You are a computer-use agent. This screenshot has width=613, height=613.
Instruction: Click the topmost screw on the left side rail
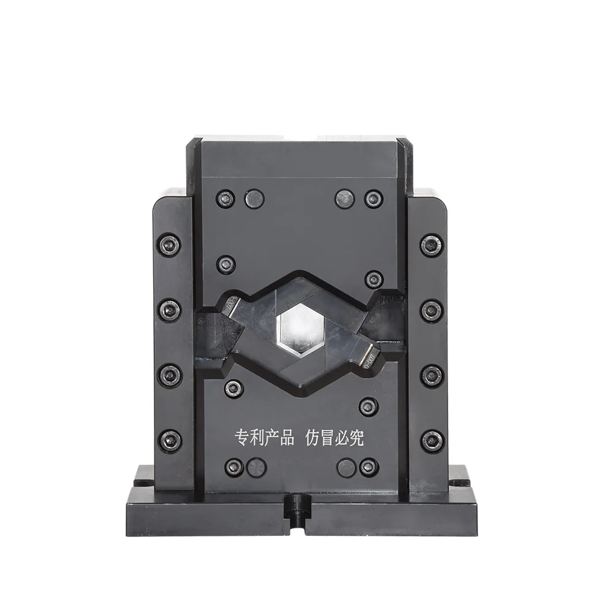169,244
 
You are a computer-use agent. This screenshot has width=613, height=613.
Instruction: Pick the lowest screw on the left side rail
169,439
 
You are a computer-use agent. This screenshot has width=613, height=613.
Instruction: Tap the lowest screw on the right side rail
432,439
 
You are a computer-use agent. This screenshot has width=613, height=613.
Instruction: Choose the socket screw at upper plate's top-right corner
373,198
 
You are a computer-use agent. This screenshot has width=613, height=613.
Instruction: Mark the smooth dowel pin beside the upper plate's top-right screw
345,198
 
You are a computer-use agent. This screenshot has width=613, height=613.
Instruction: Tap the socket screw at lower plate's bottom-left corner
233,467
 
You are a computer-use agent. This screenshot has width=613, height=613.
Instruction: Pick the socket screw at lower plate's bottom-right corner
368,467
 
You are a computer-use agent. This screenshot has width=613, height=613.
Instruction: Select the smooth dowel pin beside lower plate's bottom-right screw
346,467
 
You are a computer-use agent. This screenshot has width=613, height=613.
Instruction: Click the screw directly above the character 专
234,388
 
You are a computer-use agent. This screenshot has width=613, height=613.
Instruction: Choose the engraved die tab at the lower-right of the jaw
370,354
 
